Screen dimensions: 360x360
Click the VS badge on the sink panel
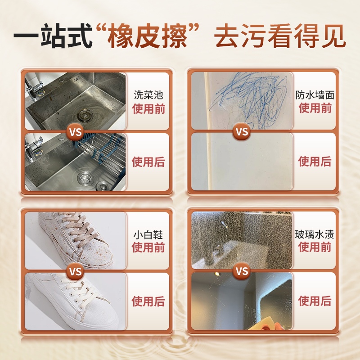coord(76,132)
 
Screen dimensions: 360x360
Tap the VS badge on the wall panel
coord(242,132)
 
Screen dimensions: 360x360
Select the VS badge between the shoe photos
coord(76,272)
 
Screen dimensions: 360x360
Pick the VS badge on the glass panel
coord(242,272)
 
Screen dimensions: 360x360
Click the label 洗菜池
coord(148,95)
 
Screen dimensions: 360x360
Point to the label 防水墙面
coord(315,95)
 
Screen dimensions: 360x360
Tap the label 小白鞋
coord(148,235)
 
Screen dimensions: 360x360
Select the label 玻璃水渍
coord(315,235)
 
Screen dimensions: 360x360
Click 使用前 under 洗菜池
coord(148,108)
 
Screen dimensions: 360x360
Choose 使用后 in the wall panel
coord(315,161)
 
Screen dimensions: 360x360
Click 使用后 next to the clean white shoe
coord(148,301)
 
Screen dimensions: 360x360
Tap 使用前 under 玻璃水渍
coord(315,247)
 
